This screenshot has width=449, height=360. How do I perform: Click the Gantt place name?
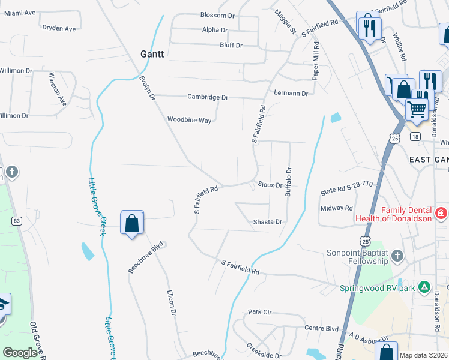click(152, 53)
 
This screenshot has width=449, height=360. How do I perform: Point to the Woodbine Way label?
click(189, 120)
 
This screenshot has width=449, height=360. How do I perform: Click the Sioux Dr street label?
click(270, 185)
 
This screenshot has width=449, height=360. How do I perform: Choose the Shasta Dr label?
click(267, 222)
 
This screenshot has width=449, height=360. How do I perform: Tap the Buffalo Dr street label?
click(288, 182)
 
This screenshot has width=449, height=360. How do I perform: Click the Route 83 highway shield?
click(16, 221)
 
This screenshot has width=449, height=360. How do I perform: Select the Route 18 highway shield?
click(415, 137)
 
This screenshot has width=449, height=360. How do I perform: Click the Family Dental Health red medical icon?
click(441, 213)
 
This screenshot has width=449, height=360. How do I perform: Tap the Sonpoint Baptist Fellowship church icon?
click(397, 257)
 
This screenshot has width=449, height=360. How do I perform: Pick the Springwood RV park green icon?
click(424, 287)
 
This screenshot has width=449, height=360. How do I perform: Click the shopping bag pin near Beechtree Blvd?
click(131, 223)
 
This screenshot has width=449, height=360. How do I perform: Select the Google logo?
click(20, 353)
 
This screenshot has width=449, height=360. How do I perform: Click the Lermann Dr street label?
click(291, 94)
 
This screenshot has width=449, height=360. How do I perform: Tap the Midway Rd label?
click(336, 208)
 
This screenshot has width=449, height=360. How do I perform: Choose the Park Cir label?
click(260, 312)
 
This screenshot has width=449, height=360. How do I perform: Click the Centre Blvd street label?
click(321, 328)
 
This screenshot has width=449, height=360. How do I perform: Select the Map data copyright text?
click(423, 355)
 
